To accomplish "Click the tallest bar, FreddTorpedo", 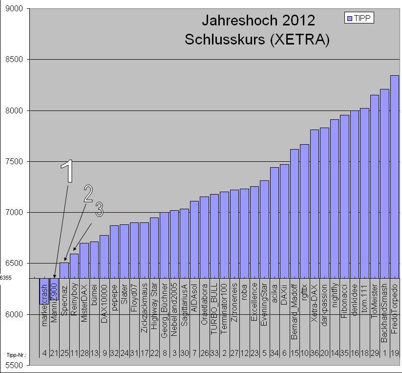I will pyautogui.click(x=394, y=176).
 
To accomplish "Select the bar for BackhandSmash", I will pyautogui.click(x=384, y=183).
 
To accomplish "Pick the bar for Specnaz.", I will pyautogui.click(x=64, y=270).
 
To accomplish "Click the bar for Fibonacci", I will pyautogui.click(x=344, y=196).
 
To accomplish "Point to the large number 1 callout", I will pyautogui.click(x=69, y=171).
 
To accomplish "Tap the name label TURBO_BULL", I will pyautogui.click(x=214, y=298).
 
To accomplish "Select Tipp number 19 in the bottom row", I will pyautogui.click(x=395, y=354).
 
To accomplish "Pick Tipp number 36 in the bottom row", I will pyautogui.click(x=315, y=354).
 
